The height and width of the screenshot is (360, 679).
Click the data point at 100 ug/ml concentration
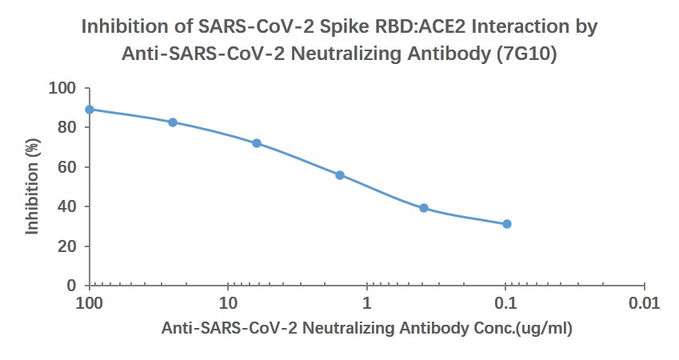90,110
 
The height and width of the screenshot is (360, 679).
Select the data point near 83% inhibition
173,122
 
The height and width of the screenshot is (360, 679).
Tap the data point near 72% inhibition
257,143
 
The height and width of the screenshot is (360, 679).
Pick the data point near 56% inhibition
340,174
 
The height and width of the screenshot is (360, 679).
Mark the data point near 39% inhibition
424,208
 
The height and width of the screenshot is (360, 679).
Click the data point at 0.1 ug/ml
507,224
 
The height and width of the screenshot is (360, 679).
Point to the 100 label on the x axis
90,305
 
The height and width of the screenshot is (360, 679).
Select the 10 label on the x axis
229,305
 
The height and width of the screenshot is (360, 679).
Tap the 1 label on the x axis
367,305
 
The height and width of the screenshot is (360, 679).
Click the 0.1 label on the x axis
505,305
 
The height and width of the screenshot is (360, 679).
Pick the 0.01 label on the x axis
644,305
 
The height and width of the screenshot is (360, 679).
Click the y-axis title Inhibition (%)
33,186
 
